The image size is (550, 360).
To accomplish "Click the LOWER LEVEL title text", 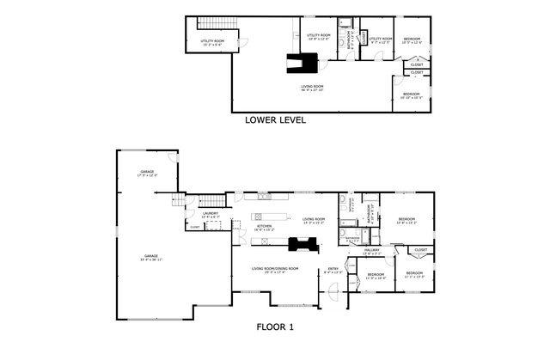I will (x=274, y=120).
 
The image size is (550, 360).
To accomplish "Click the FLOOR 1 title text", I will (x=275, y=326).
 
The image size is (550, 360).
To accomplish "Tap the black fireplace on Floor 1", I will (x=302, y=245).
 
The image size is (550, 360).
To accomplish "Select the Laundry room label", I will (x=211, y=215).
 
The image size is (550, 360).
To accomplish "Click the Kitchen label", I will (x=265, y=228).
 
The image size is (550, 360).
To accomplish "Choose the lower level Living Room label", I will (x=311, y=88).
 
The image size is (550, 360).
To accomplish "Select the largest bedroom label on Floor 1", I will (x=406, y=222).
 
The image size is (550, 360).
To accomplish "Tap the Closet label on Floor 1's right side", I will (x=421, y=250).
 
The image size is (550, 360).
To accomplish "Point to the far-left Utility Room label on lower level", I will (x=212, y=42).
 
